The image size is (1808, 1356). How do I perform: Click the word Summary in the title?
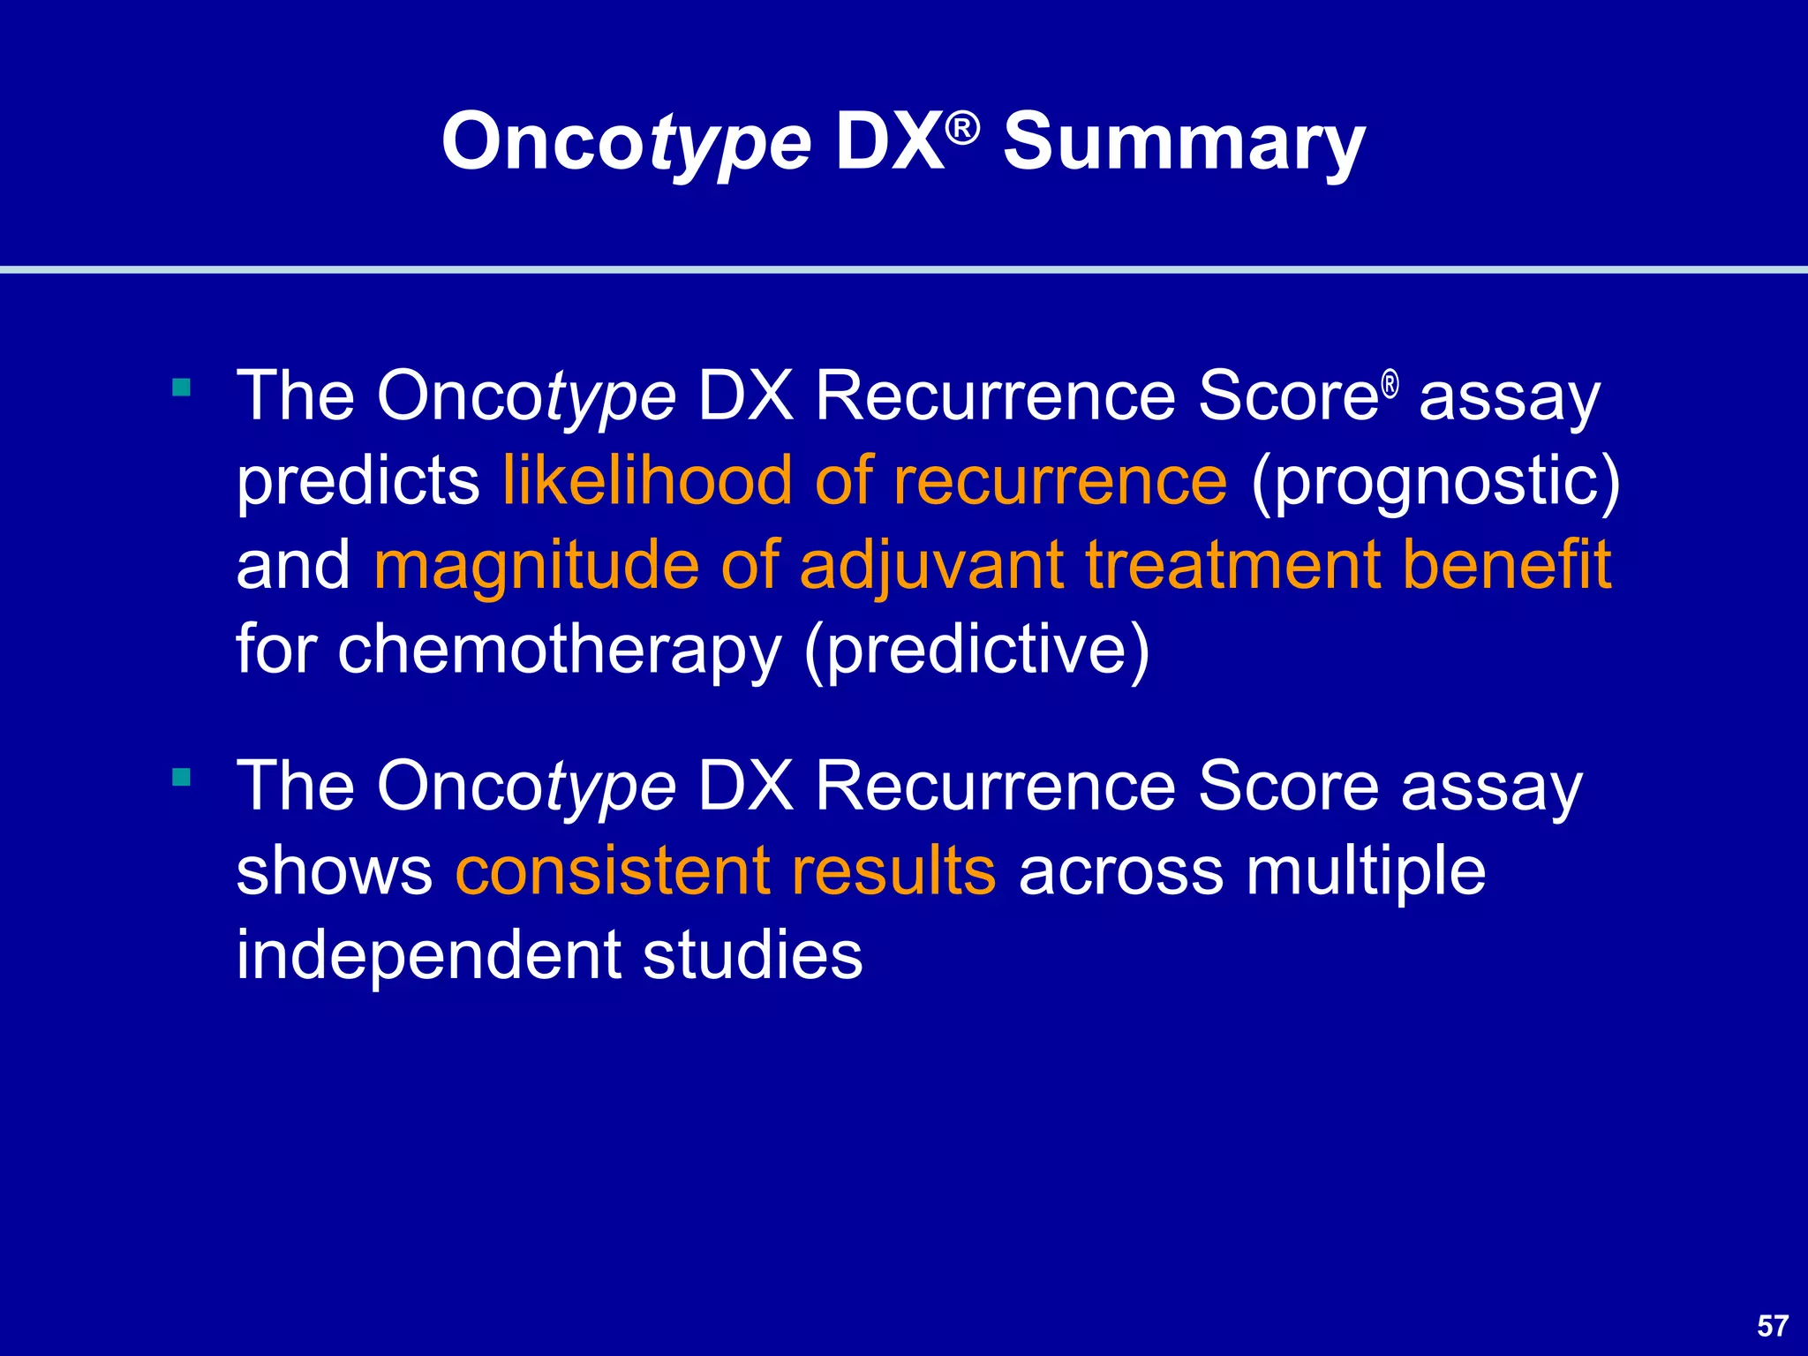[x=1184, y=143]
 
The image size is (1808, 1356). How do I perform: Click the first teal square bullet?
[x=182, y=387]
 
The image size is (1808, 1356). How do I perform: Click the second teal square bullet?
[x=182, y=777]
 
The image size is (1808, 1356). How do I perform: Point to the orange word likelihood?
[x=646, y=480]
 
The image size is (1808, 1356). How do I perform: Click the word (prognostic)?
[x=1435, y=482]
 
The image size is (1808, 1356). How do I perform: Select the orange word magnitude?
[x=536, y=565]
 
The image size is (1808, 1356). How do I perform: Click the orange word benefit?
[x=1506, y=565]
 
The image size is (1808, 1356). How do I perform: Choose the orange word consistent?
[x=611, y=870]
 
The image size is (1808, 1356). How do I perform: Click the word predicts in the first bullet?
[x=358, y=482]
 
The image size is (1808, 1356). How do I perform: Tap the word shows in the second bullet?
[x=334, y=870]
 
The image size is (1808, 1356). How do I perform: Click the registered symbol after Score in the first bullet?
[x=1390, y=385]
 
